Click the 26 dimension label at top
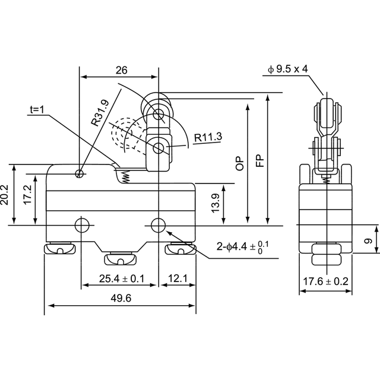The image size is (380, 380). pyautogui.click(x=121, y=70)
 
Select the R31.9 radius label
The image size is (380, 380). pyautogui.click(x=100, y=113)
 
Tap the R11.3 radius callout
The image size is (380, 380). pyautogui.click(x=208, y=137)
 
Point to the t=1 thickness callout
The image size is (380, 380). pyautogui.click(x=37, y=110)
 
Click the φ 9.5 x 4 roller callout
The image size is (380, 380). pyautogui.click(x=287, y=69)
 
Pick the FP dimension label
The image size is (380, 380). pyautogui.click(x=260, y=160)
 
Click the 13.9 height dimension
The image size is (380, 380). pyautogui.click(x=215, y=203)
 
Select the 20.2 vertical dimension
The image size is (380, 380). pyautogui.click(x=4, y=195)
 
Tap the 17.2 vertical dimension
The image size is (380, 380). pyautogui.click(x=28, y=195)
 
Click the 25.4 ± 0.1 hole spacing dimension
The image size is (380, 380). pyautogui.click(x=122, y=278)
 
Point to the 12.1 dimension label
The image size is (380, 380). pyautogui.click(x=178, y=278)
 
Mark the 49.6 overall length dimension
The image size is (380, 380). pyautogui.click(x=121, y=298)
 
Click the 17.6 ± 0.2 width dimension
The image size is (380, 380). pyautogui.click(x=326, y=281)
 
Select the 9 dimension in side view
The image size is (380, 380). pyautogui.click(x=369, y=241)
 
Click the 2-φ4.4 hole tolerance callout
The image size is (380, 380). pyautogui.click(x=243, y=247)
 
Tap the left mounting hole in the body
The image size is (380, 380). pyautogui.click(x=82, y=226)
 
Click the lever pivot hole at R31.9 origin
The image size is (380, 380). pyautogui.click(x=79, y=173)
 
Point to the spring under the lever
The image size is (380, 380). pyautogui.click(x=126, y=176)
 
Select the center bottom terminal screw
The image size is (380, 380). pyautogui.click(x=120, y=259)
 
